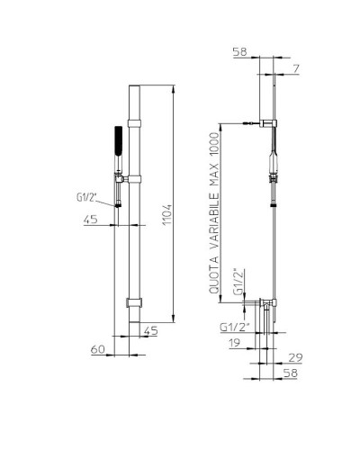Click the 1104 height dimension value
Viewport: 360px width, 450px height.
pos(167,214)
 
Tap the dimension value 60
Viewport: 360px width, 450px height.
pos(98,349)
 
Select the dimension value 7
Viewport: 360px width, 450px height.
pos(296,68)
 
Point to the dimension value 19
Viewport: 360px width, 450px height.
pos(234,343)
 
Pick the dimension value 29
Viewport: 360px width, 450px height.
pos(295,357)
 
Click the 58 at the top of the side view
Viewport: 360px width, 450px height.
pos(240,52)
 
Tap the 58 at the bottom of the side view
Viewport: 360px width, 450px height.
pos(290,373)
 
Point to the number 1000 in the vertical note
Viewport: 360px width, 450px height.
pos(214,144)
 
